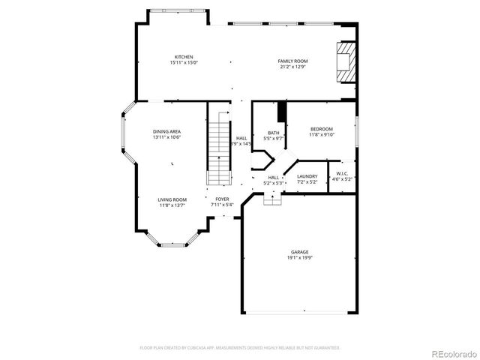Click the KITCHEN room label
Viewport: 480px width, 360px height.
184,57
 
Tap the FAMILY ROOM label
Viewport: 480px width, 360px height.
293,61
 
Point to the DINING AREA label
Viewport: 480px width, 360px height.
167,131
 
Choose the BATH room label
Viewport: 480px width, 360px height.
274,133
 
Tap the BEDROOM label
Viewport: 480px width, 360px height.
321,129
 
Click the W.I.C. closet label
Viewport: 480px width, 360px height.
342,173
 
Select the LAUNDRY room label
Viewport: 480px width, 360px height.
307,176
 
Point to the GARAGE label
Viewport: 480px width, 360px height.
300,252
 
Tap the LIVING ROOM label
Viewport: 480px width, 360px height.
171,199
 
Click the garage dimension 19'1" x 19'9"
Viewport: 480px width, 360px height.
300,258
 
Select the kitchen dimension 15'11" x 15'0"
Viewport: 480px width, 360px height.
184,63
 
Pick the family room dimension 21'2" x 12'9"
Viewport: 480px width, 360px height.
293,67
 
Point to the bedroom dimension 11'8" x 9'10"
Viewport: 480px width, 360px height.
321,135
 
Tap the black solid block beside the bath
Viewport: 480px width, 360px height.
282,110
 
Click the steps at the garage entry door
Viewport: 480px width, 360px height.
272,199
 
